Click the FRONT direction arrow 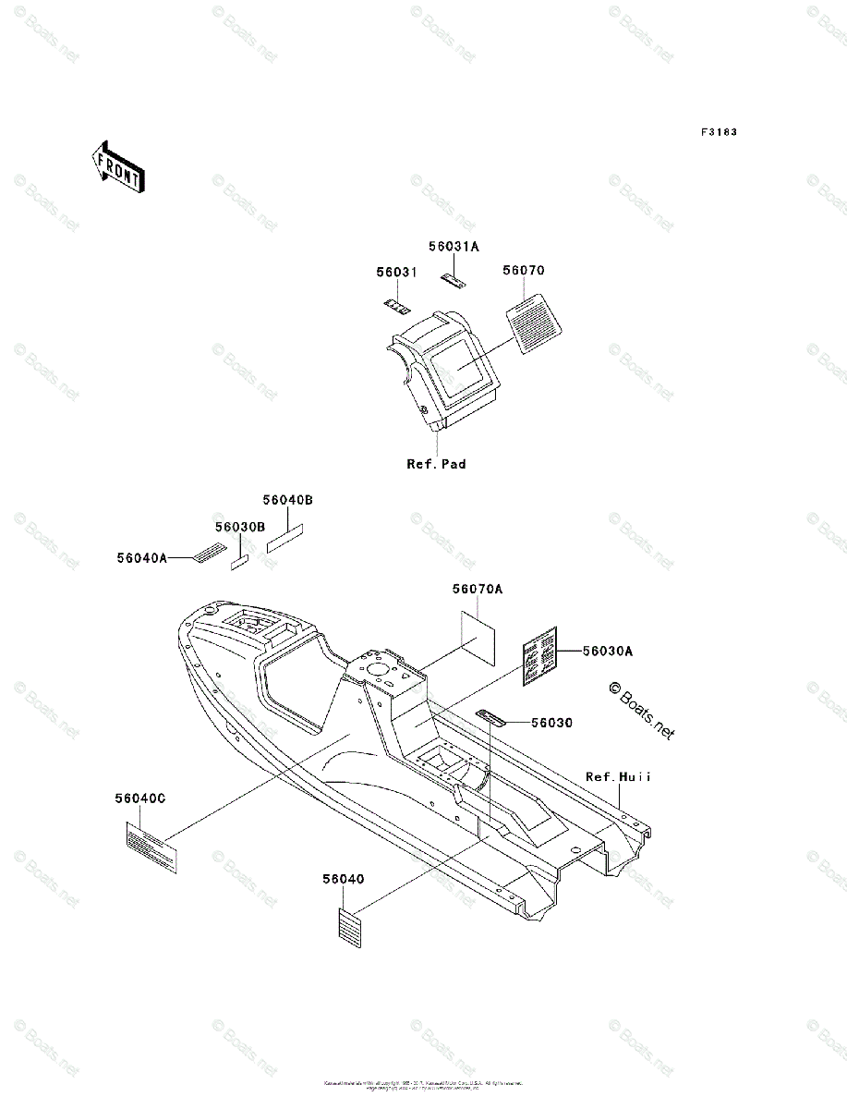click(116, 165)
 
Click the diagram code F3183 click(718, 133)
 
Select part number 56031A click(454, 247)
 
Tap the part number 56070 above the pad click(524, 271)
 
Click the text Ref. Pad click(436, 464)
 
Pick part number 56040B click(287, 500)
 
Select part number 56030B click(240, 526)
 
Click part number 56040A click(141, 557)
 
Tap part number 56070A click(478, 589)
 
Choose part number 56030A click(607, 651)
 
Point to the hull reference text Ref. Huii click(618, 777)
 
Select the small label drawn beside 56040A click(209, 553)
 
